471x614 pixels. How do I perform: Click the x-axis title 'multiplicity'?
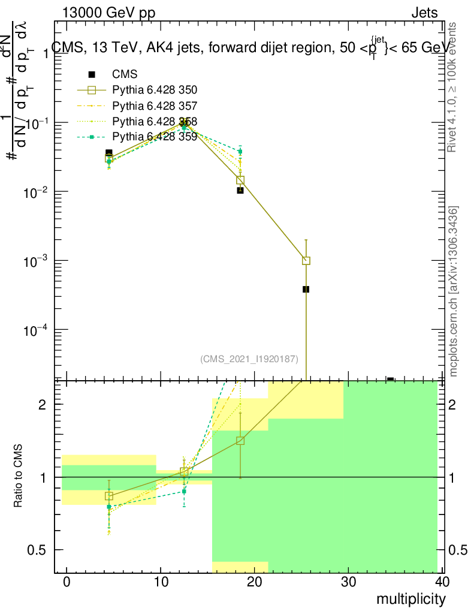click(411, 599)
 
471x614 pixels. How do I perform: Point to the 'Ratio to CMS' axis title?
click(18, 475)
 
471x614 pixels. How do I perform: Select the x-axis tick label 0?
click(67, 582)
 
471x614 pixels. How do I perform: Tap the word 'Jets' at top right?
click(424, 13)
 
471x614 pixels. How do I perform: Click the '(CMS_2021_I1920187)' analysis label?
click(249, 359)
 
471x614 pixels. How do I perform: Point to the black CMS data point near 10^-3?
click(306, 289)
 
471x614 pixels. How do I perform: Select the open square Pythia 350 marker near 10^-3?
click(306, 261)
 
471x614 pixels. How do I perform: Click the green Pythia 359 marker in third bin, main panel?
click(240, 151)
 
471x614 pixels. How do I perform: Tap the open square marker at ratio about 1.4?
click(240, 441)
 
